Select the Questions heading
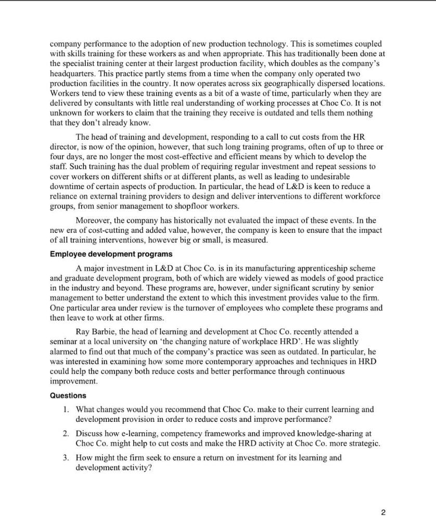pos(68,395)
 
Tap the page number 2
pos(383,513)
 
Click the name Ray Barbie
pos(96,331)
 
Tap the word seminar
pos(65,340)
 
